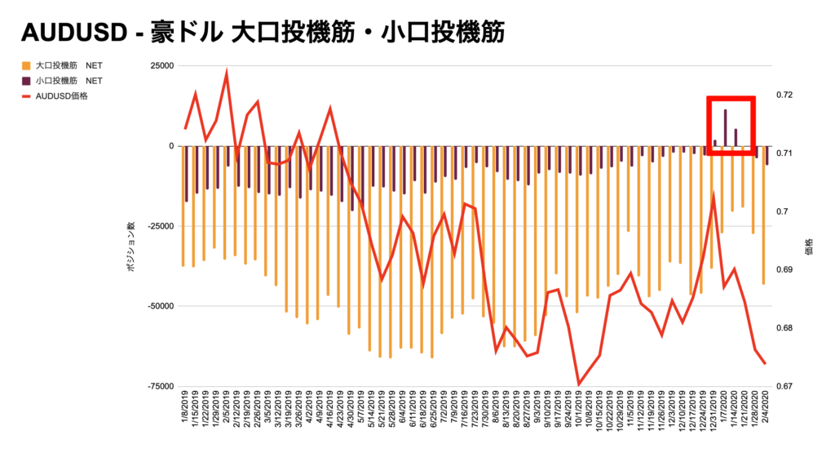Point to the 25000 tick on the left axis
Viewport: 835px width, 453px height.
(160, 66)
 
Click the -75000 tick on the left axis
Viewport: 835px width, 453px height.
(158, 386)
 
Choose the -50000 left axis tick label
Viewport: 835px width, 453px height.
(158, 306)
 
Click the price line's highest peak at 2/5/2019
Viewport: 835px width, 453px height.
(226, 73)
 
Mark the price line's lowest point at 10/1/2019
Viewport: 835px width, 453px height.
(579, 384)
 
